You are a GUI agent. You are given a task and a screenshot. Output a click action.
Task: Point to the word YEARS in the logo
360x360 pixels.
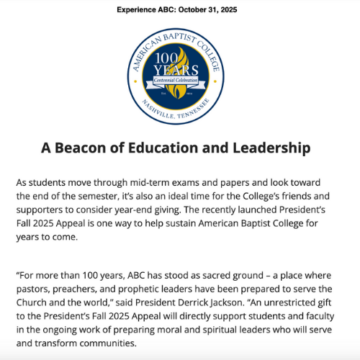tap(176, 72)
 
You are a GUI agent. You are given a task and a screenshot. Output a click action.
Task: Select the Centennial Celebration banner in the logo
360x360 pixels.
tap(179, 83)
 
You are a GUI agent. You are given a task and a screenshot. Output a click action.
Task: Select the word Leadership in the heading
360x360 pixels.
tap(268, 148)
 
